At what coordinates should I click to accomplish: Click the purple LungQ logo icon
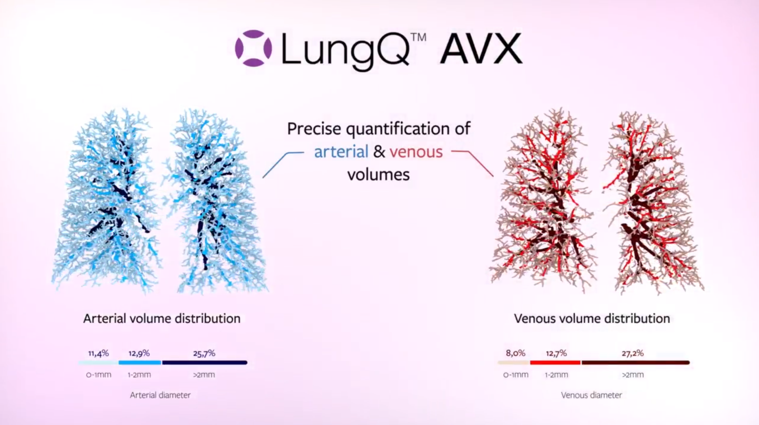253,49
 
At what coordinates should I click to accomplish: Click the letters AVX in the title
481,49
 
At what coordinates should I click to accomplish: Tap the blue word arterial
341,152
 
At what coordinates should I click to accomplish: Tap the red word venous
416,152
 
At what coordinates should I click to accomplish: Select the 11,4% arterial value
98,353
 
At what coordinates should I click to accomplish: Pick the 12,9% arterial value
139,353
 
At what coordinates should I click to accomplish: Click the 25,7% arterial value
204,353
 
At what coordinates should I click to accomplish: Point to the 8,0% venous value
515,353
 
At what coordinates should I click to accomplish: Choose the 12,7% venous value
556,353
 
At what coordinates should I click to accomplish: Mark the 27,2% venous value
632,353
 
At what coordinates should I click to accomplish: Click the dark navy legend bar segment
204,363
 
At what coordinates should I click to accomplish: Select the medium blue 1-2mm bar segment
140,363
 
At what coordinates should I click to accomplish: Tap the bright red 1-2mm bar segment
555,363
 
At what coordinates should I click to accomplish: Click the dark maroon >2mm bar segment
635,363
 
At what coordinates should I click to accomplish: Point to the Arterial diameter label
160,395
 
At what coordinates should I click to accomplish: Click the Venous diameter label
591,395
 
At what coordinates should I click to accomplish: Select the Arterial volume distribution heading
162,318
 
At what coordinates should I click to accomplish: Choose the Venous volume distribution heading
592,318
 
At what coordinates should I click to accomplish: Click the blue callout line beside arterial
278,163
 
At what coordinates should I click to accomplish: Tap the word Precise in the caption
314,129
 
